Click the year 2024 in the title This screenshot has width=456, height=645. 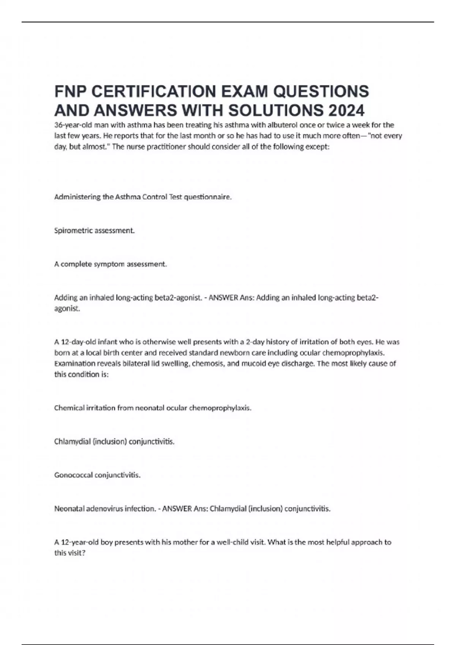coord(346,110)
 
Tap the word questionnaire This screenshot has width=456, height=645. coord(207,197)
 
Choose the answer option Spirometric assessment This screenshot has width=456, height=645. coord(94,230)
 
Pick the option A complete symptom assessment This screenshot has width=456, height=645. coord(111,264)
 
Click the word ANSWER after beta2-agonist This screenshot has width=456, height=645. coord(223,297)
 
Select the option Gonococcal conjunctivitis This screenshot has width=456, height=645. coord(97,475)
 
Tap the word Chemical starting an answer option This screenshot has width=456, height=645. coord(68,408)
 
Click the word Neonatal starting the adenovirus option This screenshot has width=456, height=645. coord(69,508)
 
